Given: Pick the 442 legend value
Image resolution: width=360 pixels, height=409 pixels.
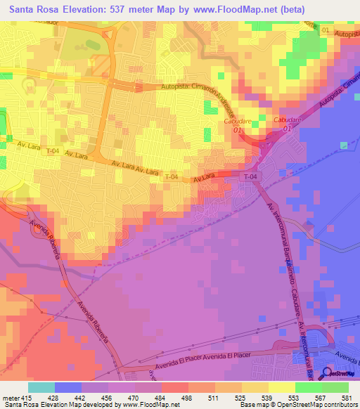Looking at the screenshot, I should pos(81,398).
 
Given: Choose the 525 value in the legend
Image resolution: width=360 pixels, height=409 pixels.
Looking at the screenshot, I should pos(241,398).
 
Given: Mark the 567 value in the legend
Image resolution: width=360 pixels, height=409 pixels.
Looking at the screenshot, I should pos(321,398).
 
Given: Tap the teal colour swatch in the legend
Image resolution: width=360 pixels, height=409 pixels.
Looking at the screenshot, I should pos(41,387).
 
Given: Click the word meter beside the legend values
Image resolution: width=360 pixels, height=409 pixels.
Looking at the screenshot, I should pos(11,398).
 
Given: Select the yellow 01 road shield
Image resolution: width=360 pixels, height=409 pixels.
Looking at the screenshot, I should pos(325,31).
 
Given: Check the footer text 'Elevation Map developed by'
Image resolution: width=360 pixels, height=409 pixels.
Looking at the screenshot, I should pos(77,405).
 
